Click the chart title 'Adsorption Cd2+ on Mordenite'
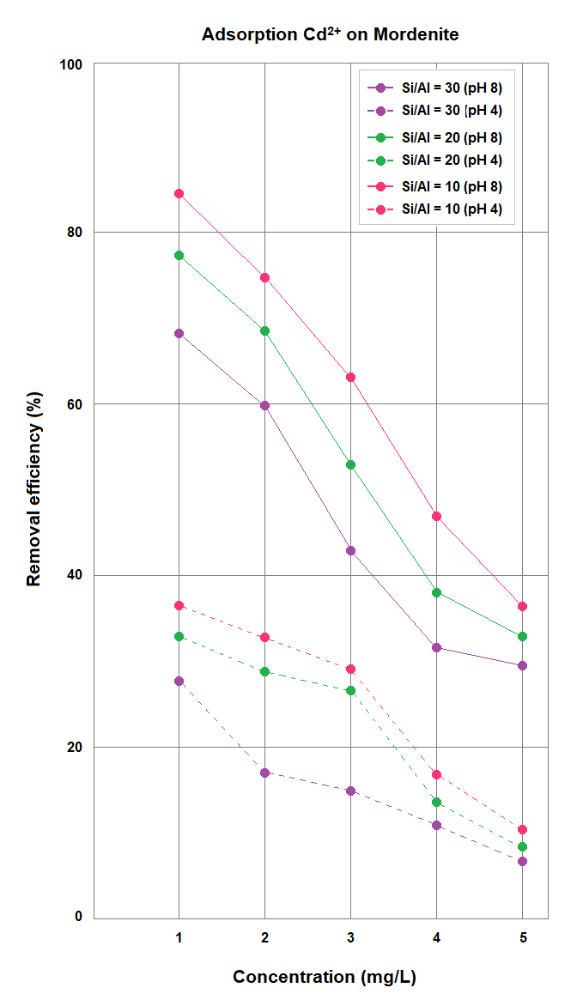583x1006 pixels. (330, 35)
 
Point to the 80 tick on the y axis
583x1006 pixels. (76, 232)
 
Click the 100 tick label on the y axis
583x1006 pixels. (72, 64)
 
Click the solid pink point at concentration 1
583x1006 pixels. (179, 193)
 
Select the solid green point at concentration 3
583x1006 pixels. (350, 464)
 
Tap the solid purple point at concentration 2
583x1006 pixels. (264, 405)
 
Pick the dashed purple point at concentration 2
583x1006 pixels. (264, 773)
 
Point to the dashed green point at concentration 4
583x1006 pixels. (436, 802)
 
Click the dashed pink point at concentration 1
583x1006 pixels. (179, 605)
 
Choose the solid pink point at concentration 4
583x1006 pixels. (436, 516)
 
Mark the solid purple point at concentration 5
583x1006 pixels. (522, 665)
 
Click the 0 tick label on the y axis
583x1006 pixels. (78, 917)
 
